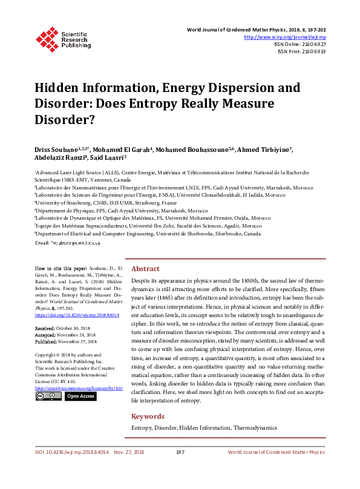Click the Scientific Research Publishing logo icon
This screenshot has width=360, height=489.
click(47, 38)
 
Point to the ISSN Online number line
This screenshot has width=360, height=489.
click(301, 44)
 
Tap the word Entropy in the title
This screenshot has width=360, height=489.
click(174, 103)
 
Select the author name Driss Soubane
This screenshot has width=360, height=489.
click(56, 149)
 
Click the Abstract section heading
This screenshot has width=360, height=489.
click(145, 269)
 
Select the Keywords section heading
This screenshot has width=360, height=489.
click(148, 416)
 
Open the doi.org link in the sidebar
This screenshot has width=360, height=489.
click(77, 315)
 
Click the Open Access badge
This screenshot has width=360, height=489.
click(80, 396)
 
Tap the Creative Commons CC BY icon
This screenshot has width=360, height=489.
click(48, 396)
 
